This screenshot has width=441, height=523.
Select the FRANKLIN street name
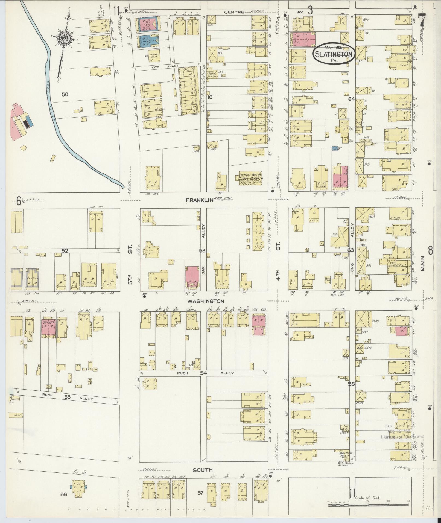(x=199, y=200)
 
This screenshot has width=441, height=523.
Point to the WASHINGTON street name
(x=205, y=301)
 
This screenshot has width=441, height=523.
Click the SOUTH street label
(x=203, y=470)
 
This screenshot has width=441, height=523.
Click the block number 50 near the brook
(x=65, y=95)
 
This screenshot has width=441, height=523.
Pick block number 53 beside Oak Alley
(x=202, y=251)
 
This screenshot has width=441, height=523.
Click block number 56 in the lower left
(x=64, y=494)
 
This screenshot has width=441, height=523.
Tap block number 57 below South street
(x=200, y=493)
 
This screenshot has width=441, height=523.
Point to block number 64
(x=351, y=99)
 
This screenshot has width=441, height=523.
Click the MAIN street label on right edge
(x=423, y=263)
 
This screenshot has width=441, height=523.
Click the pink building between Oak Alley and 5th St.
(x=193, y=277)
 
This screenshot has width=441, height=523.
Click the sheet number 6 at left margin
(x=19, y=201)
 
